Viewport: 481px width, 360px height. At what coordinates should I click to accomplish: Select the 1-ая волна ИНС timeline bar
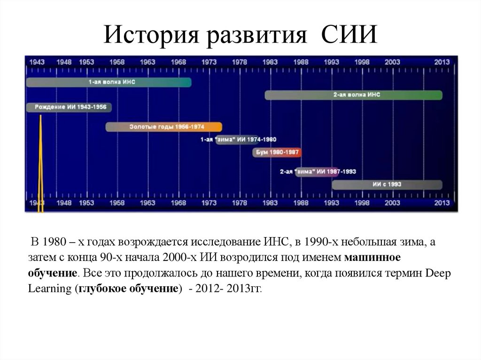109,82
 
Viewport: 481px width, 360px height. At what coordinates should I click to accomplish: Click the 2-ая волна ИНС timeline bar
353,95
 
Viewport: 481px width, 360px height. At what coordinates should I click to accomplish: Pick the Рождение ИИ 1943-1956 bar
69,107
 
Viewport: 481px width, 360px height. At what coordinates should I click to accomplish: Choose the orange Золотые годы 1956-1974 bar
163,127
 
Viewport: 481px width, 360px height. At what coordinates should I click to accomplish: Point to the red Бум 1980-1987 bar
276,153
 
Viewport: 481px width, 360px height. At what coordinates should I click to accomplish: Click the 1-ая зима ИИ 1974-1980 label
239,140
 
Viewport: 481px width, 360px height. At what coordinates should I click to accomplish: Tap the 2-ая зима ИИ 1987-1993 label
318,172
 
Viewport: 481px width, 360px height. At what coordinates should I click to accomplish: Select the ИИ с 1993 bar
387,184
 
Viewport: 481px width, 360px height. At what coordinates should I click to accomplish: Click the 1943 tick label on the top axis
37,62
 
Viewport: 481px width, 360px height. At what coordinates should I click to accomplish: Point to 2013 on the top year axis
442,62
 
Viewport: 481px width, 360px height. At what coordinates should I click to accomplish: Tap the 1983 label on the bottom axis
270,203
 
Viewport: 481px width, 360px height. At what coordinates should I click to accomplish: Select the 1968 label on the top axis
178,62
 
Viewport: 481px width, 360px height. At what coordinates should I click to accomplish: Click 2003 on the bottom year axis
392,203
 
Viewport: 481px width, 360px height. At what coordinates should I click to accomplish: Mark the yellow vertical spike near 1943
40,164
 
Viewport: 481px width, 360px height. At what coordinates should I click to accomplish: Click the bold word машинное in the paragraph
372,257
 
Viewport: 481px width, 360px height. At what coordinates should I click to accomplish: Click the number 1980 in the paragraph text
53,242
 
